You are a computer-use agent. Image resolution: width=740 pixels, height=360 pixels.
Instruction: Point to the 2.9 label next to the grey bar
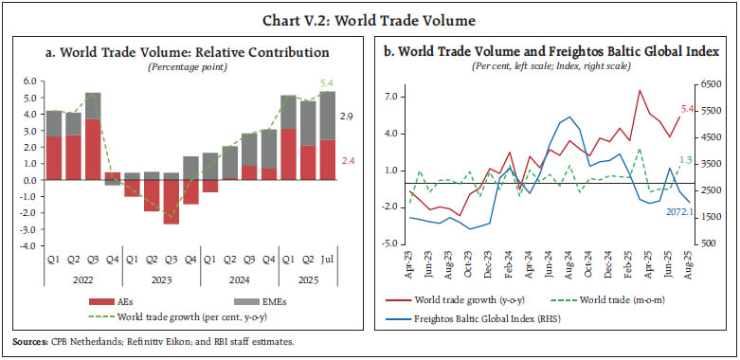coord(350,116)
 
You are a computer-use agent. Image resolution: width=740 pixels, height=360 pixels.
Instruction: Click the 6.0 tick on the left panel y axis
coord(28,81)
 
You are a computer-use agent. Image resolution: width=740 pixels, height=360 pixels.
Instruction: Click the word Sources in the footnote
coord(28,340)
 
